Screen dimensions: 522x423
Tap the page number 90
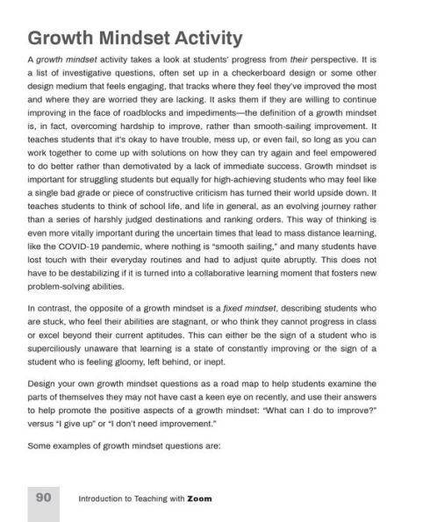tap(43, 497)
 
